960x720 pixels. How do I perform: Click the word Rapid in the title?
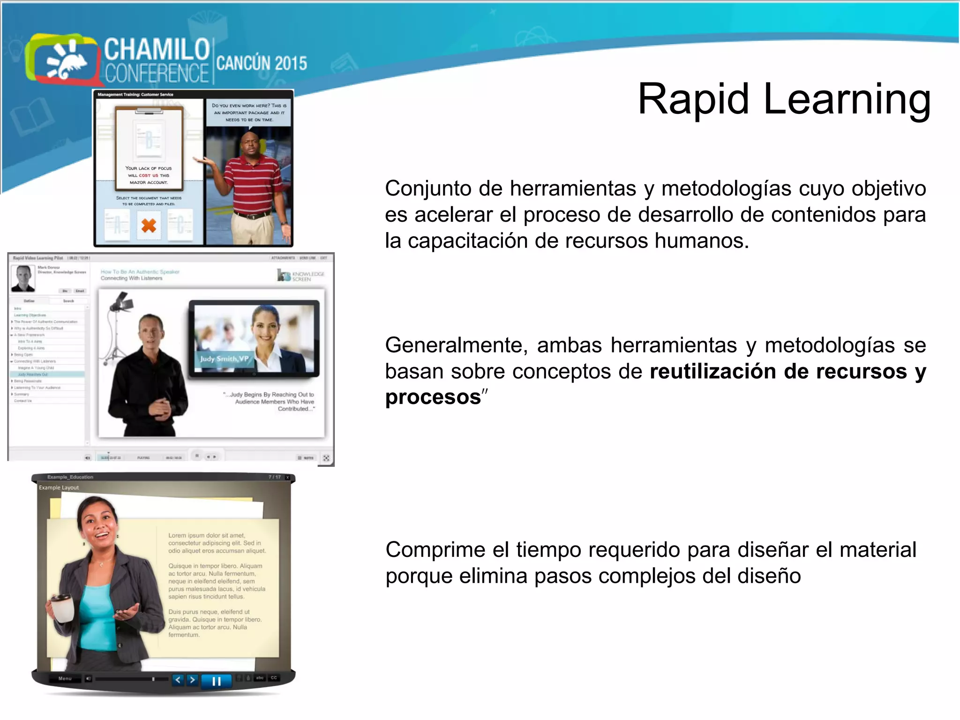(x=693, y=100)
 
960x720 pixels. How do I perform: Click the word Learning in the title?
(x=847, y=100)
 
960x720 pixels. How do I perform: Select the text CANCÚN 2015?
(x=262, y=63)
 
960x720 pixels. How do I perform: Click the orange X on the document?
(x=149, y=226)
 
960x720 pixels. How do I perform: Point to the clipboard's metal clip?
(x=149, y=111)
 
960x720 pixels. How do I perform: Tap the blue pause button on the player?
(x=216, y=681)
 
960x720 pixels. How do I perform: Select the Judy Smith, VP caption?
(x=224, y=359)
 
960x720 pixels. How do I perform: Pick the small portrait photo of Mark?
(x=23, y=278)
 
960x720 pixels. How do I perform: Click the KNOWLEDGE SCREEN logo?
(x=300, y=276)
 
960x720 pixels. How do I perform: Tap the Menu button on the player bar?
(x=65, y=679)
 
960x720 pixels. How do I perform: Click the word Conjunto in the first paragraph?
(x=428, y=189)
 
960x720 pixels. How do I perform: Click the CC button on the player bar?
(x=274, y=678)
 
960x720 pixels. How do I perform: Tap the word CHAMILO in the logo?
(x=157, y=49)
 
